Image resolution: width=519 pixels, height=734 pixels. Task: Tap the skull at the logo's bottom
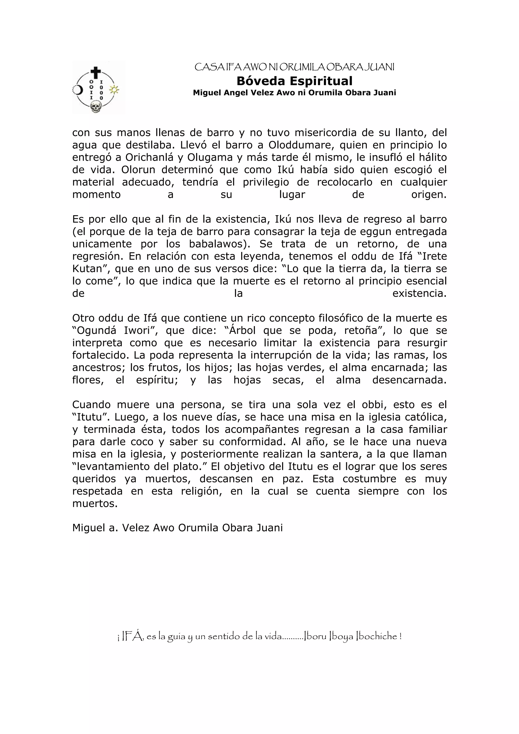(x=95, y=106)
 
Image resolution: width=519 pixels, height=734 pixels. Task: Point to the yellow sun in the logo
(x=114, y=89)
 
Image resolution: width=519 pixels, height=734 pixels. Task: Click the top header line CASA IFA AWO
(x=294, y=67)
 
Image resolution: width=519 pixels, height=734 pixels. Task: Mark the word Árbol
(x=242, y=330)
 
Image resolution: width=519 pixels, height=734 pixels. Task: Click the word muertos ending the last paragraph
(x=94, y=504)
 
